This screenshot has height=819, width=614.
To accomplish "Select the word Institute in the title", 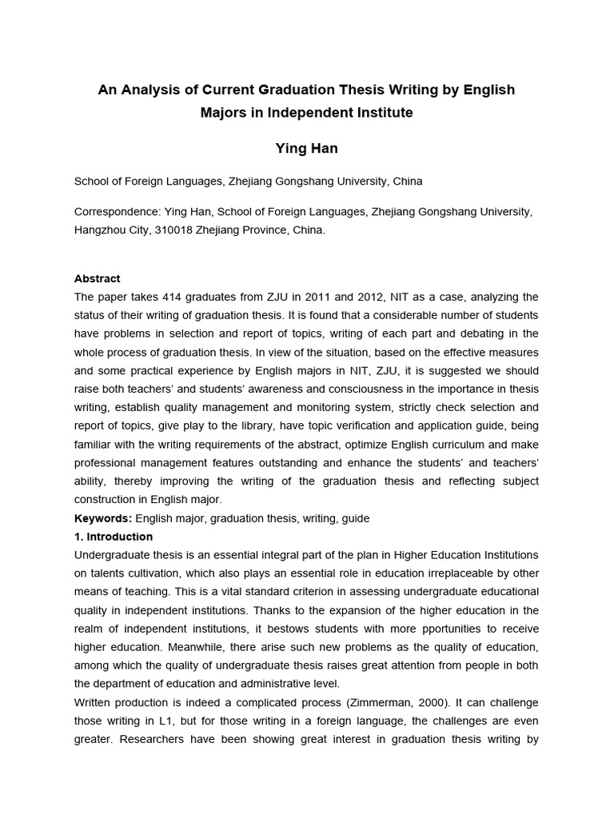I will (384, 113).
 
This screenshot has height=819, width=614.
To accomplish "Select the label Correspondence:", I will (118, 211).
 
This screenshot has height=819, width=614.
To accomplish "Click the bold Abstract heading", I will (97, 278).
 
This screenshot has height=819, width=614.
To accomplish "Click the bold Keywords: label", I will (103, 518).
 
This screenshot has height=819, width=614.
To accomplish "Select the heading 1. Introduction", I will (114, 537).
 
